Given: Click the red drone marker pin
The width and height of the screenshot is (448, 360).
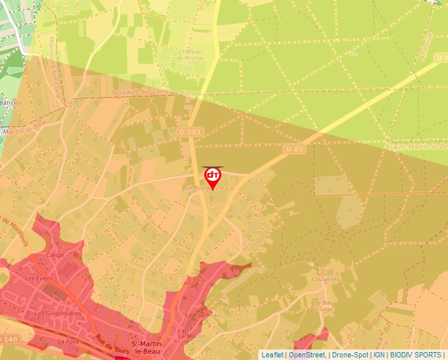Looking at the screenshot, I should tap(213, 177).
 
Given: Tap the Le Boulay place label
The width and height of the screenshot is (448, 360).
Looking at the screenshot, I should tap(198, 188).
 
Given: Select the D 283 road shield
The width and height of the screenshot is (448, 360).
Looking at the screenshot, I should tap(194, 134).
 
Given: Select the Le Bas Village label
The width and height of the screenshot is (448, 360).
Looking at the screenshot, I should tap(322, 304).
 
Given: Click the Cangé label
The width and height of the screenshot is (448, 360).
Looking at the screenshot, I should tap(55, 255).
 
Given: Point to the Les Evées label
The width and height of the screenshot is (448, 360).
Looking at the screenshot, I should tap(38, 278).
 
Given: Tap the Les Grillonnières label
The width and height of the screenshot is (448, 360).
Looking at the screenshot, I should tap(57, 314).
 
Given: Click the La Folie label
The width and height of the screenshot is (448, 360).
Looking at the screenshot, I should tap(69, 342).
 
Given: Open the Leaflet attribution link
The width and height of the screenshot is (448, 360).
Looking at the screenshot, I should tap(272, 355).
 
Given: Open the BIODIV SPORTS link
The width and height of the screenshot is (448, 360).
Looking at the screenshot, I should tap(416, 355).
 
